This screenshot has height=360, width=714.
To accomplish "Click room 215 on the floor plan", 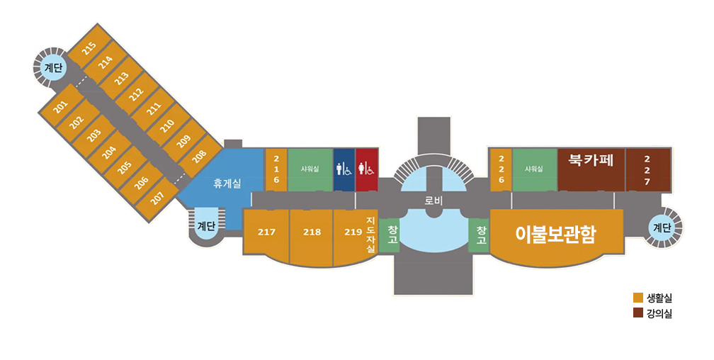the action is coord(89,47).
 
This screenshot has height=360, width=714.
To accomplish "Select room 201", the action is coord(61,106).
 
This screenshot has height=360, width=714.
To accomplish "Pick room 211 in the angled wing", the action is coord(154,108).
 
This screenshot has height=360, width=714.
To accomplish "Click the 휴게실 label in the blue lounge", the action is coord(227,184).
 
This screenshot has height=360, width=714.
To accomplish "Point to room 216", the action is coord(276,169).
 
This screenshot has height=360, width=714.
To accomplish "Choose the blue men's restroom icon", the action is coord(344,169).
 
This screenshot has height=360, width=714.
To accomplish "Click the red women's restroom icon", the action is coord(367,169).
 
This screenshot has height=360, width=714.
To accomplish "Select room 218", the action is coord(312,237).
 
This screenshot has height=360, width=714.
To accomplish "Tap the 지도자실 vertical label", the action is coord(370,235).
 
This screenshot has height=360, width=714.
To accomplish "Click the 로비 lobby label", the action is coord(433,201).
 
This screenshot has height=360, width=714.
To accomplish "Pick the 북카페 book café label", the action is coord(591,160).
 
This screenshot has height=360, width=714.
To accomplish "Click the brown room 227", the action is coord(647,169).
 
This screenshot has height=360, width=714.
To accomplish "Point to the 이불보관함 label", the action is coord(555,235).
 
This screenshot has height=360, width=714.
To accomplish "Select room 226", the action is coord(501,169).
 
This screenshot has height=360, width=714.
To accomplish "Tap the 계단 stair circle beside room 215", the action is coord(53,68).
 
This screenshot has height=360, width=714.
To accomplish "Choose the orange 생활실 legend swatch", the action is coord(638,298).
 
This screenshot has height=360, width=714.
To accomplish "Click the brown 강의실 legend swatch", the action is coord(638,313).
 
